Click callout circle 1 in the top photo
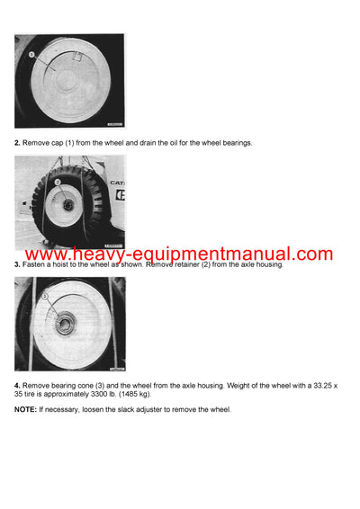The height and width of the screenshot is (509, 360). pos(32,55)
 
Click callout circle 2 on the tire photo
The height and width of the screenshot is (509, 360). pos(57,182)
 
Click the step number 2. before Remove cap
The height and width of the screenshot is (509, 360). pos(18,143)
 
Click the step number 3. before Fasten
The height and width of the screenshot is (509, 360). pos(18,264)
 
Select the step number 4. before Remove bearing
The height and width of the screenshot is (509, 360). pos(18,386)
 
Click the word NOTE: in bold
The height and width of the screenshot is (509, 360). pos(26,410)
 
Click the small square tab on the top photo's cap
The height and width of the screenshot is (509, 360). pos(79,57)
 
